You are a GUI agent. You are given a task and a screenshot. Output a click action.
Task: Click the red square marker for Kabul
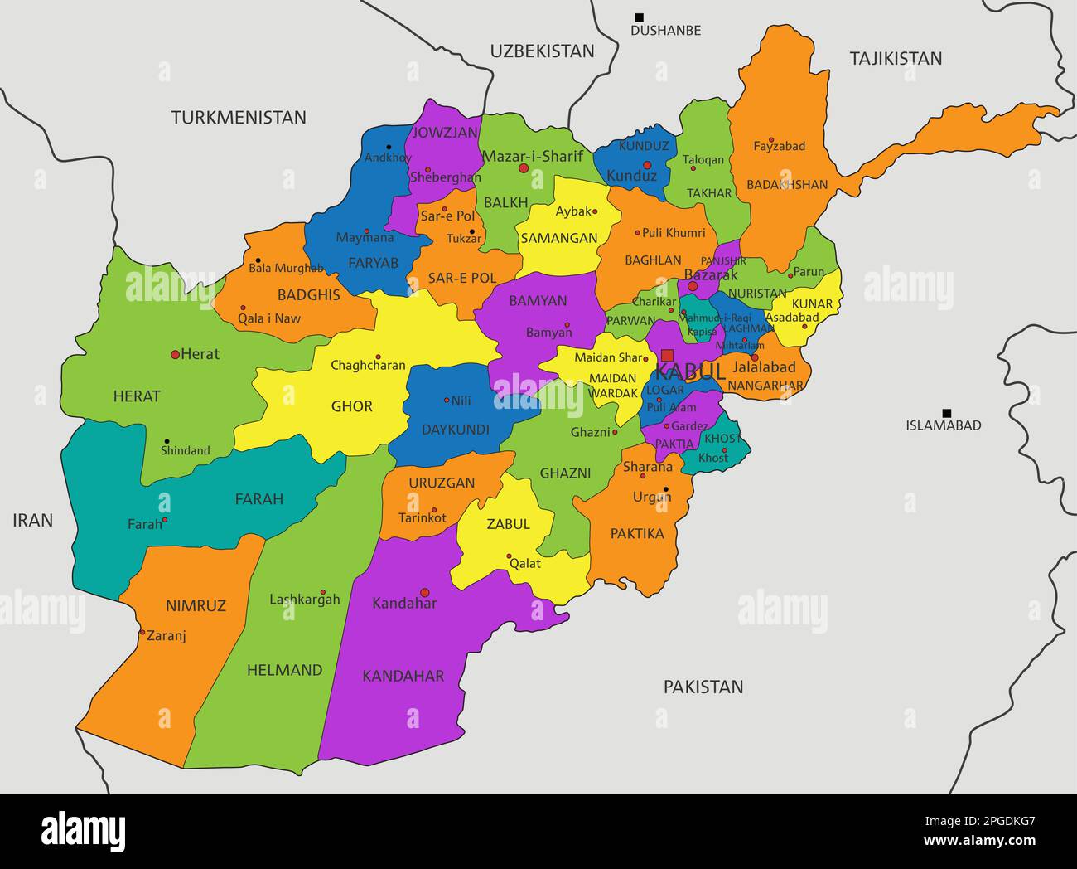coord(667,355)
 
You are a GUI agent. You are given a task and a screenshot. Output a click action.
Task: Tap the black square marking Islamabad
coord(946,413)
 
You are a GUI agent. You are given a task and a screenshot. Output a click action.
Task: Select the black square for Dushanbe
coord(639,17)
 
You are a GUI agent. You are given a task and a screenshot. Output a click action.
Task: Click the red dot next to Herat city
coord(175,355)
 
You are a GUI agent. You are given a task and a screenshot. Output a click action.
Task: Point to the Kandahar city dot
coord(425,593)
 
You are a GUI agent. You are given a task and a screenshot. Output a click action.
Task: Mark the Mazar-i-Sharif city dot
coord(523,168)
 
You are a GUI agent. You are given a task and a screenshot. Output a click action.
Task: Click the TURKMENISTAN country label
coord(239,118)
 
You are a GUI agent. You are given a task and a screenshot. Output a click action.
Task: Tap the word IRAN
coord(33,521)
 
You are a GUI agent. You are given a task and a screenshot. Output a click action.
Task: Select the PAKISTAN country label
coord(703,687)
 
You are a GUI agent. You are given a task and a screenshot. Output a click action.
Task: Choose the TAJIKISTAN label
coord(896,58)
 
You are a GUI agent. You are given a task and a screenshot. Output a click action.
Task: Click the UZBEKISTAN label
coord(542,51)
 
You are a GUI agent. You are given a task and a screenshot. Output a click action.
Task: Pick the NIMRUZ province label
coord(196,606)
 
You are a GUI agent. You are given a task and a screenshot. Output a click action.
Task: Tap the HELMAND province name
coord(284,670)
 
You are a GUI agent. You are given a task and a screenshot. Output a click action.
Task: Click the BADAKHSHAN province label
coord(786,185)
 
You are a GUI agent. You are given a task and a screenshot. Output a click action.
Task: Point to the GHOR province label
coord(352,406)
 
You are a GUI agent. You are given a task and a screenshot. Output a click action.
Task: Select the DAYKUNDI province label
coord(456,430)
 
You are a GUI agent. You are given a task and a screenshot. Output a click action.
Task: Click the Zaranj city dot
coord(142,634)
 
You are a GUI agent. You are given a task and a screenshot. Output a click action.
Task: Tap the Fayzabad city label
coord(779,147)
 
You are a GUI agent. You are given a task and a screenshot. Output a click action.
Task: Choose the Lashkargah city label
coord(305,600)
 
